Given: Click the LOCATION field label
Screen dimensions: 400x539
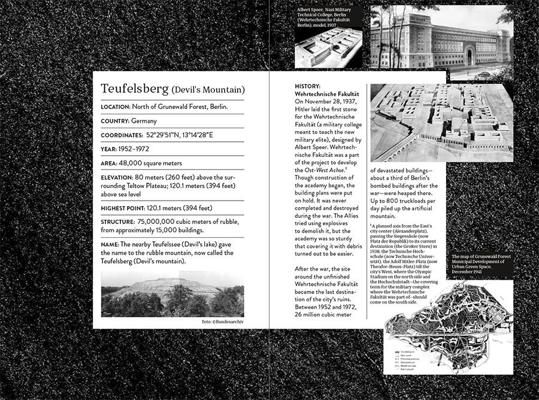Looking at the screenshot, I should click(115, 107).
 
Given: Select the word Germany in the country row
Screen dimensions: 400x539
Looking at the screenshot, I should click(144, 121).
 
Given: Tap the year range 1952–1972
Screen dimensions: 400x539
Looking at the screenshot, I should click(134, 149).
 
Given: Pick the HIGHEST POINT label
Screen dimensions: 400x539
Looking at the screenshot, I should click(123, 208).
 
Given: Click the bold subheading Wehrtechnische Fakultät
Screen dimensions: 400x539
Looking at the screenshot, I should click(327, 94).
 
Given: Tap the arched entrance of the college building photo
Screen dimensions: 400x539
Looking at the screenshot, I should click(468, 57).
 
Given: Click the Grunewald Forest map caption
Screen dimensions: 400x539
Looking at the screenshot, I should click(482, 263).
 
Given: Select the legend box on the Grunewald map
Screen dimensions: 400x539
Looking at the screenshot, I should click(402, 357).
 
